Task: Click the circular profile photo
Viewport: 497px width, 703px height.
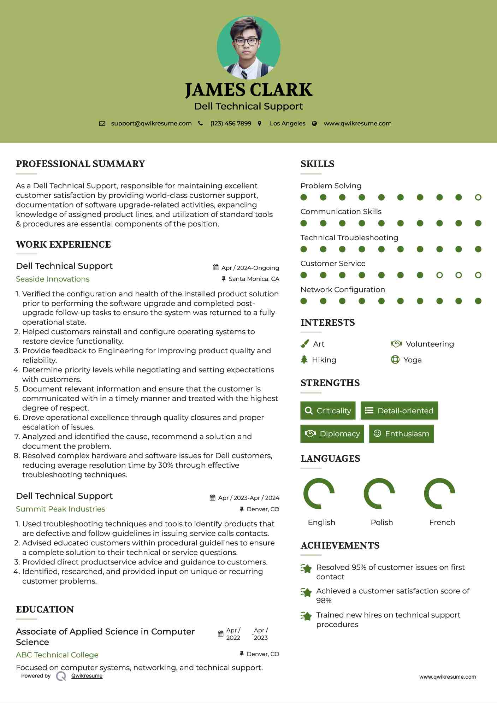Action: [x=248, y=47]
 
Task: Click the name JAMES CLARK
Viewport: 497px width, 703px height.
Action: [x=248, y=90]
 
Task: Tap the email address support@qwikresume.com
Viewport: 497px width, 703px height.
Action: [x=151, y=123]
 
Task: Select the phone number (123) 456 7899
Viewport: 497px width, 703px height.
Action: [x=231, y=123]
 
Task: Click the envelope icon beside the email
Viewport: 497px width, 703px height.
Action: [x=102, y=124]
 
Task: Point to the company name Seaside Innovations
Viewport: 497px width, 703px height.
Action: [x=53, y=279]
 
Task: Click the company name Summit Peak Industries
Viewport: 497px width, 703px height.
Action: [x=60, y=509]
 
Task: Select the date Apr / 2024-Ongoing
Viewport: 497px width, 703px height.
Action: [x=250, y=268]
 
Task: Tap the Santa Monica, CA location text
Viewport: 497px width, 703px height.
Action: [x=254, y=279]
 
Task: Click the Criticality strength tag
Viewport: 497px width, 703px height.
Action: [x=328, y=410]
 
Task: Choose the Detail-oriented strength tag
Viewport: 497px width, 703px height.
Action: [x=399, y=410]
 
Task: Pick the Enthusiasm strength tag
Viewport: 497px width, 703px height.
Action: [x=401, y=433]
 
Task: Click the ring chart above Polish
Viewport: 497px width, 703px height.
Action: [x=379, y=494]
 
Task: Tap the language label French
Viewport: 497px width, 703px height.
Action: [x=442, y=522]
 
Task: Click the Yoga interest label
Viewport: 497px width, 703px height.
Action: [x=413, y=360]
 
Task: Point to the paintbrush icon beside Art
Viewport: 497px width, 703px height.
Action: [x=304, y=344]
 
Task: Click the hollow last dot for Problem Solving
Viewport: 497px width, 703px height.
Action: [x=478, y=197]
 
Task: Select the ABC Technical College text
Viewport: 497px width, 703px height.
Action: [x=57, y=655]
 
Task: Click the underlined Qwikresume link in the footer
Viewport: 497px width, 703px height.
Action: [x=87, y=676]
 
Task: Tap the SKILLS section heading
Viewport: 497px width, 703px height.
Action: [x=317, y=164]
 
